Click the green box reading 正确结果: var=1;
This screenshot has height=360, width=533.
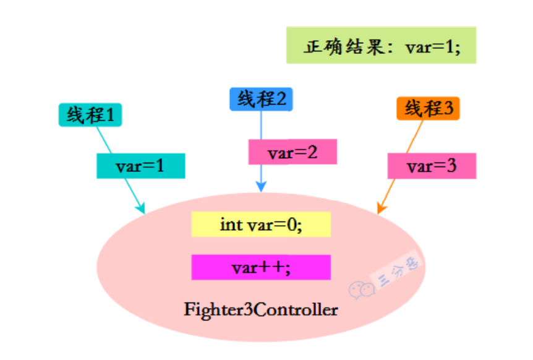point(381,45)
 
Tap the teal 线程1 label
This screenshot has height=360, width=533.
point(90,115)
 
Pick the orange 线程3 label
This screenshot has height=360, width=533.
point(428,109)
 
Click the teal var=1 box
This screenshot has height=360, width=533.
point(140,166)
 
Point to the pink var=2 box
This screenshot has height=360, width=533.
point(292,152)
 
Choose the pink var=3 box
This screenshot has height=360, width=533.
point(432,166)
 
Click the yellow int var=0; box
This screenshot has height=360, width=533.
point(261,224)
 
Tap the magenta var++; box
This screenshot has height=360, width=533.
point(261,267)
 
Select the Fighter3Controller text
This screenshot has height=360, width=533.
point(261,309)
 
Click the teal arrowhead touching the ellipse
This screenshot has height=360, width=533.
point(142,209)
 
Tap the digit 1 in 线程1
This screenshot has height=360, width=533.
point(111,115)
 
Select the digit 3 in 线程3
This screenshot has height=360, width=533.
point(448,109)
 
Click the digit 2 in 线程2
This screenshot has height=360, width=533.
point(281,99)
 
